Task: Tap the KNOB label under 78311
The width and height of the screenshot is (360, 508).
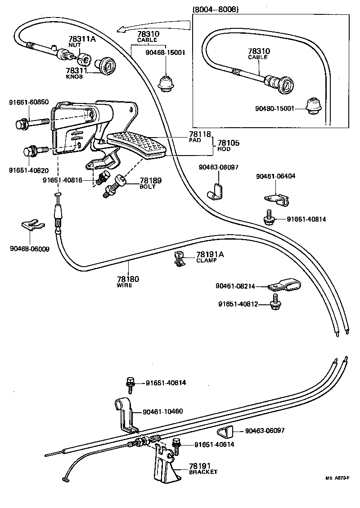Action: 72,76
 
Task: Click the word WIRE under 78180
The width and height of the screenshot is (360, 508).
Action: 125,285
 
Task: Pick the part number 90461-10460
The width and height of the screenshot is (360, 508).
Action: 162,411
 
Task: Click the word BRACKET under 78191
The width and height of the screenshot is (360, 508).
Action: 203,472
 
